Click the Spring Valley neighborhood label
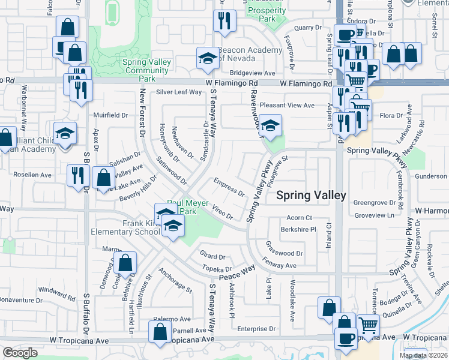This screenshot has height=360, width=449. [x=310, y=196]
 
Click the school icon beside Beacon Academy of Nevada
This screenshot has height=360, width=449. [x=208, y=58]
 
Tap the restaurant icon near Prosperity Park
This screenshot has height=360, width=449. [x=224, y=20]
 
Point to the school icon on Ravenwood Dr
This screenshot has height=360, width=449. [x=271, y=125]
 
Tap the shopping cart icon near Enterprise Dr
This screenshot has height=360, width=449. [x=368, y=325]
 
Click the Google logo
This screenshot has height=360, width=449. [x=20, y=353]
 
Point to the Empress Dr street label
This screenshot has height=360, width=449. [x=229, y=186]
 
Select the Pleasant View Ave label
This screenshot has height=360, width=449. [x=287, y=105]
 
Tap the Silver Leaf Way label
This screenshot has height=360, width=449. [x=179, y=92]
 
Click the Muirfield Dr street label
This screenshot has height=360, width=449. [x=110, y=115]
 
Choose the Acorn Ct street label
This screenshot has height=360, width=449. [x=300, y=217]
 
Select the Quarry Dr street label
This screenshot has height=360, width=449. [x=304, y=28]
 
